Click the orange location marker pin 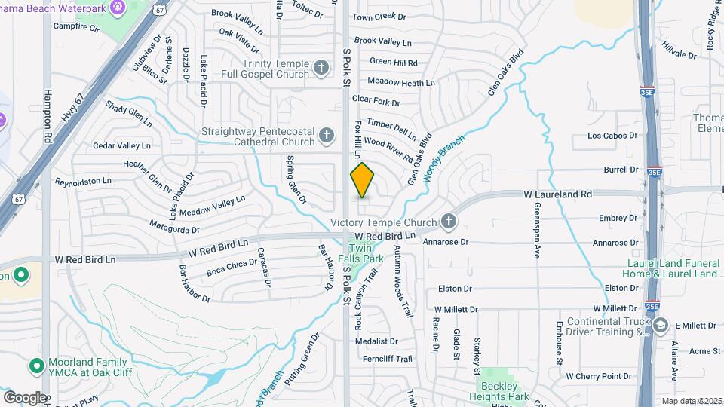click(x=363, y=179)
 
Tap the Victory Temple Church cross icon click(x=449, y=221)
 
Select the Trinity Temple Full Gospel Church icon click(x=322, y=69)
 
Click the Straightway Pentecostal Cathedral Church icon click(x=327, y=136)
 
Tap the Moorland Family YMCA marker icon click(x=35, y=366)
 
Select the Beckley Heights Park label click(x=507, y=380)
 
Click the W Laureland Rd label click(x=558, y=194)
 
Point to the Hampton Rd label click(x=47, y=117)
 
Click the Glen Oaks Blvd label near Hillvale click(x=505, y=72)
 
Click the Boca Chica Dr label click(x=232, y=268)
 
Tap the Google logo click(x=24, y=397)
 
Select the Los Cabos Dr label click(x=612, y=136)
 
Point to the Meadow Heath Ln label click(x=401, y=82)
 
